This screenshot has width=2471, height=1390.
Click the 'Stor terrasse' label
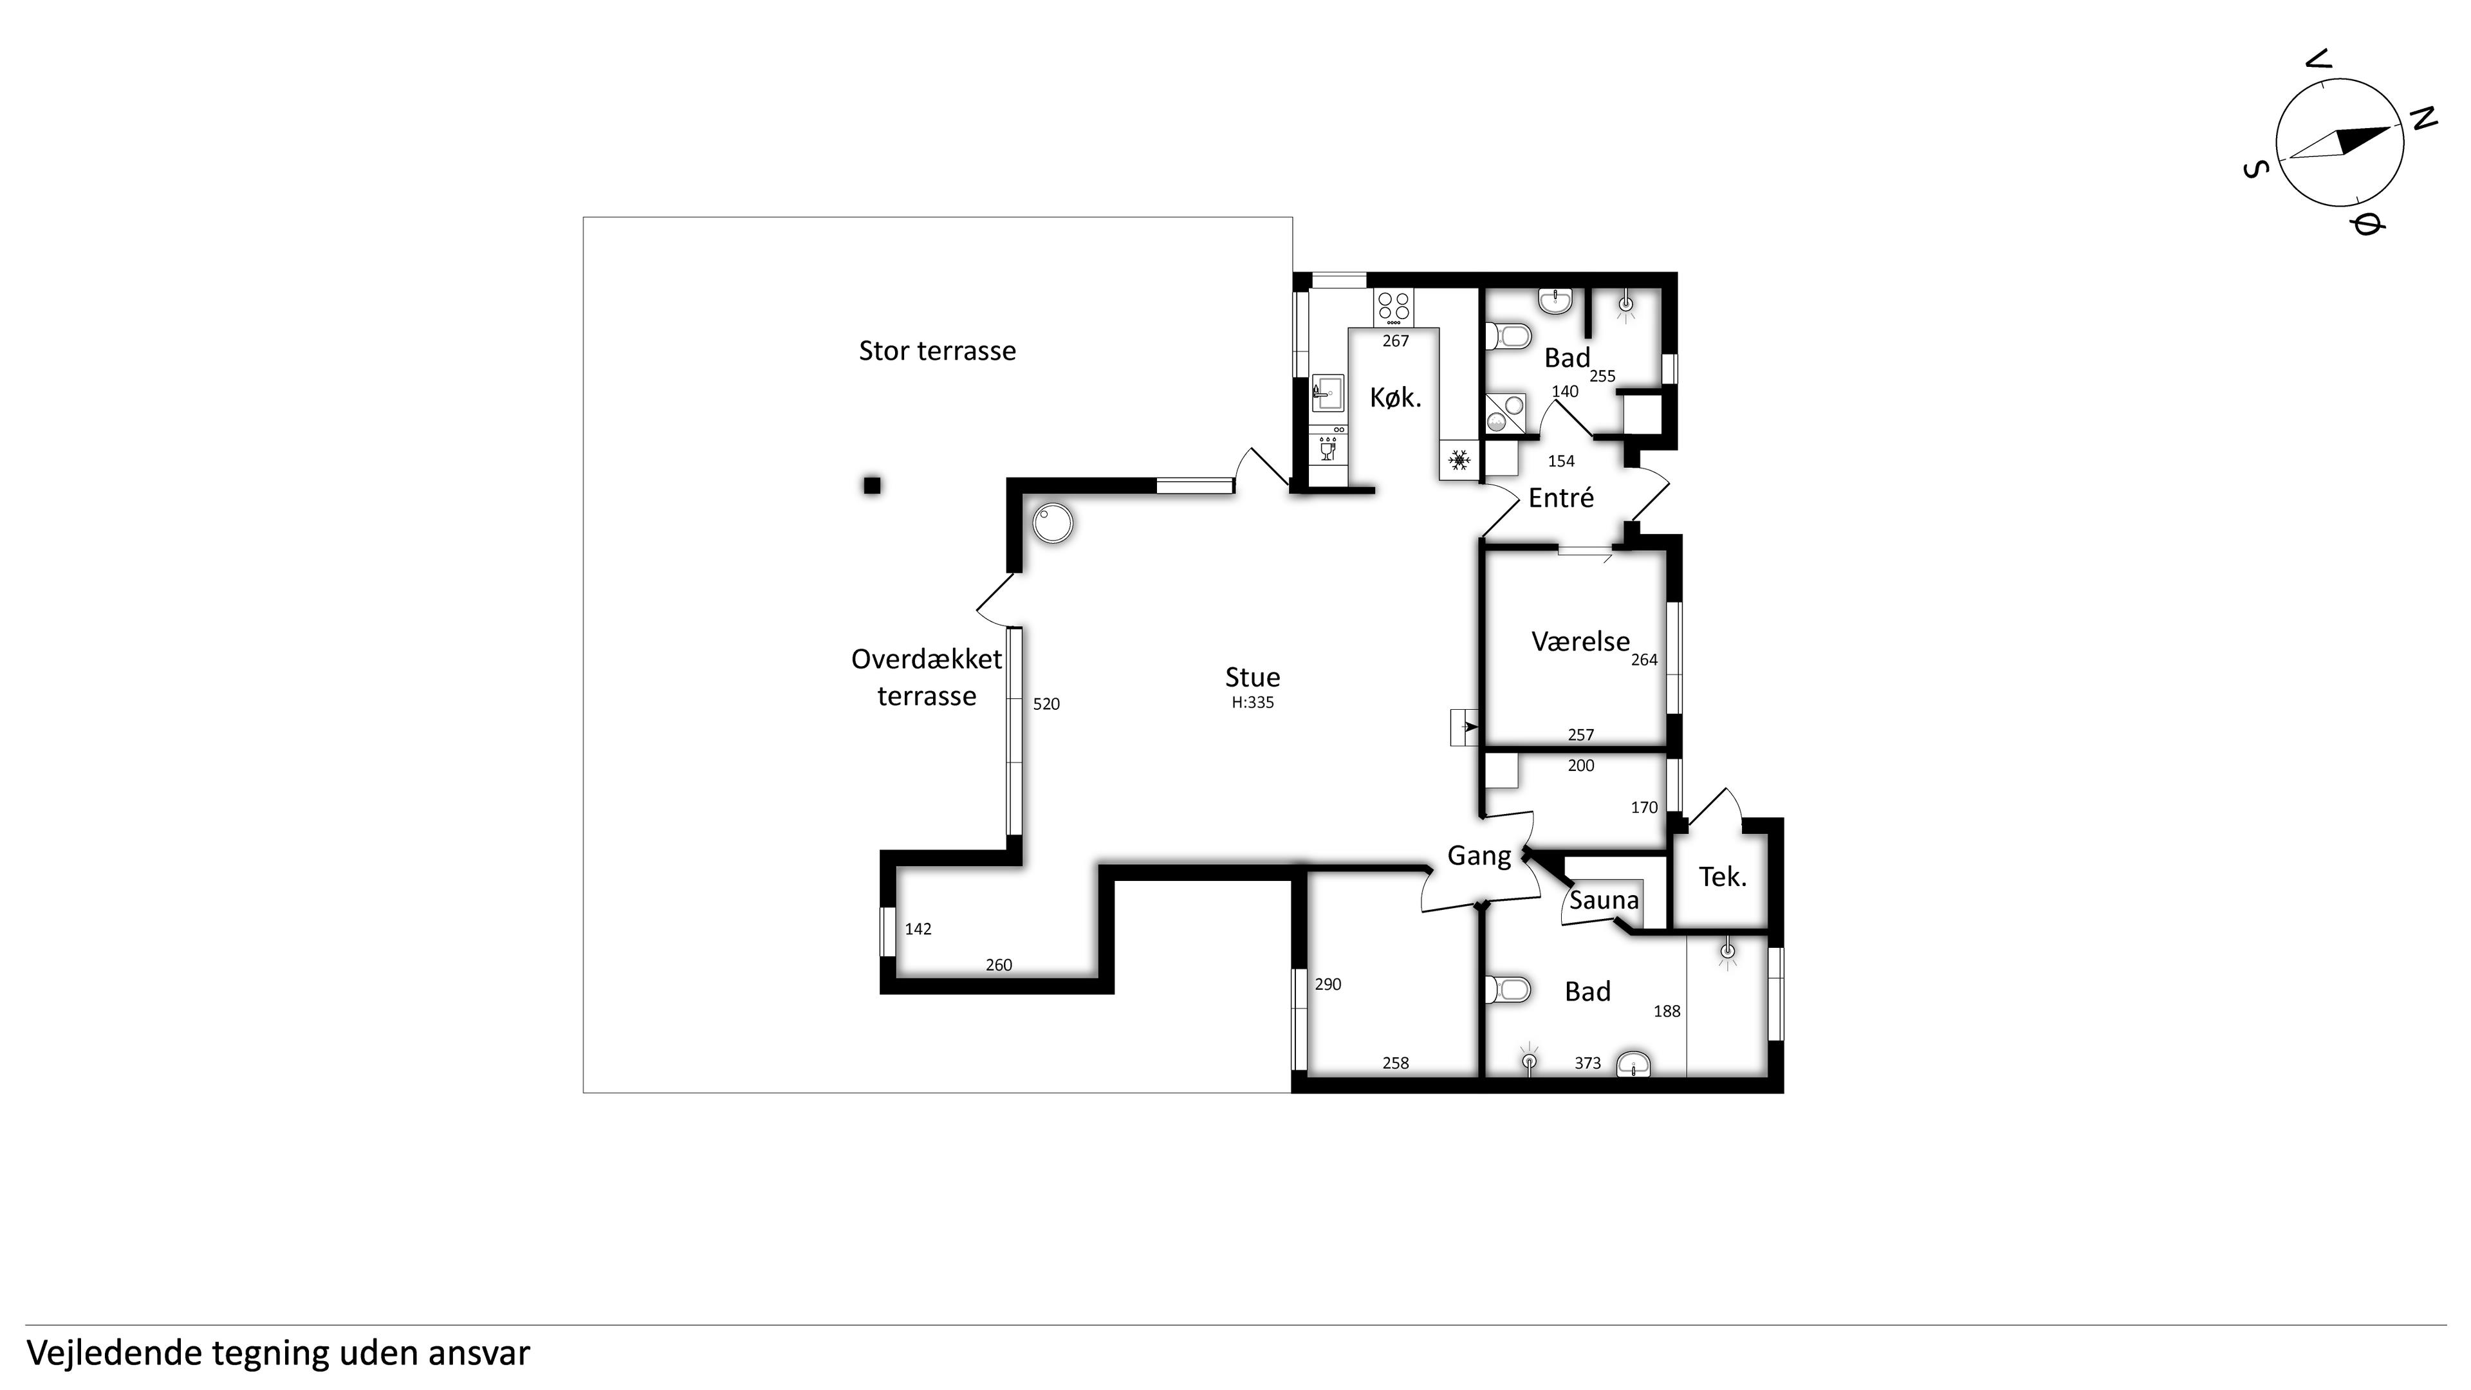click(937, 351)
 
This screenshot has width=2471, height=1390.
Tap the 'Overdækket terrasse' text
click(927, 677)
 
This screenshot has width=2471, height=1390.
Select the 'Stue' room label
click(1253, 677)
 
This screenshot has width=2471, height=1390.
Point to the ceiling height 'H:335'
click(1253, 702)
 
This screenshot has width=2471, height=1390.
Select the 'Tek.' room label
click(1723, 876)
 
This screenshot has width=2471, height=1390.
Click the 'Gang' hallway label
click(1479, 856)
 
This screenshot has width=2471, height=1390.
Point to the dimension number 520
click(1046, 704)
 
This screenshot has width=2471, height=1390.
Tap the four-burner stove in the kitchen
click(1394, 307)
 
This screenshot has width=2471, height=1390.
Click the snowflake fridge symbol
click(1459, 461)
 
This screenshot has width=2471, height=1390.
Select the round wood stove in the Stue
click(1052, 524)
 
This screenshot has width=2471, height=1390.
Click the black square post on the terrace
click(872, 485)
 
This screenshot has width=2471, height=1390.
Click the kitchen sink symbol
click(1328, 393)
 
